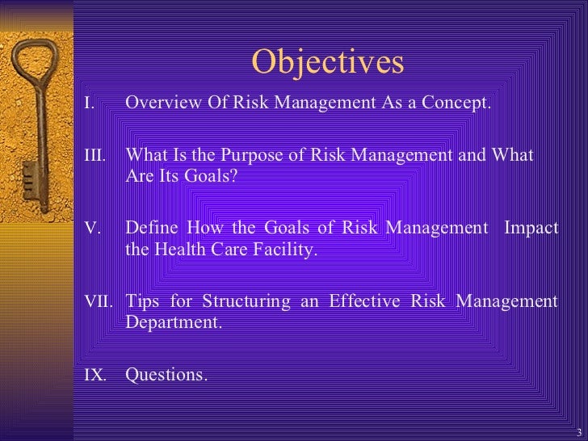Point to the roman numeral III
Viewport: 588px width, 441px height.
pos(94,155)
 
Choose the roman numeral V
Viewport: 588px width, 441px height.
pos(91,229)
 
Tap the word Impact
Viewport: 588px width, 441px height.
pos(531,229)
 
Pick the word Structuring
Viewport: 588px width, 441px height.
pos(241,302)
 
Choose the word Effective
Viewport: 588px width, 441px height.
pos(368,302)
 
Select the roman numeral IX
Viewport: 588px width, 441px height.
pos(94,376)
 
